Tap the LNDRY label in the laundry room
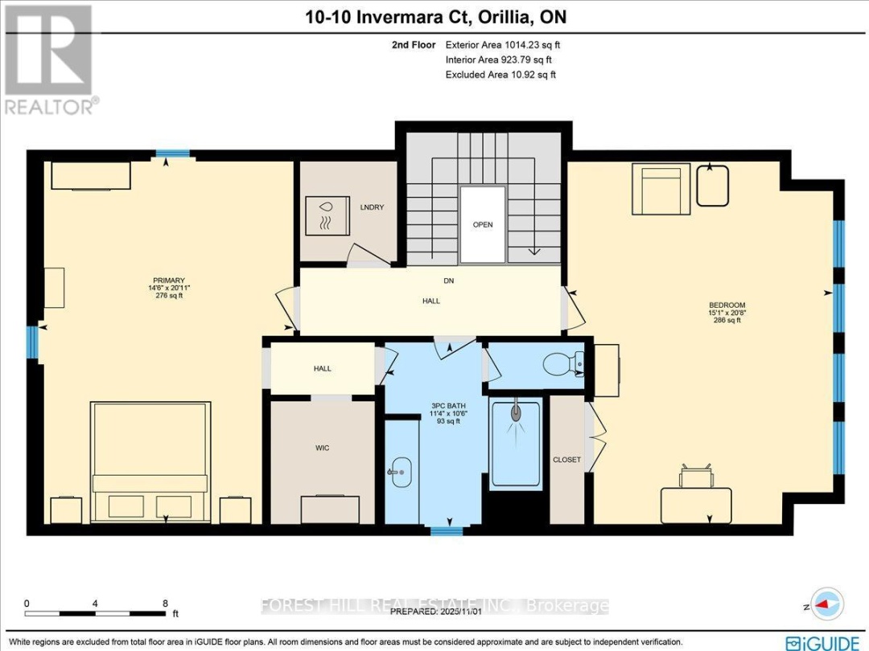tap(373, 207)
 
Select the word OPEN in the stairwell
tap(483, 225)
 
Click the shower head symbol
tap(515, 416)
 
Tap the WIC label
tap(322, 447)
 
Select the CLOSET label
tap(566, 460)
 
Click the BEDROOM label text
tap(727, 305)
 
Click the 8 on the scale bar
tap(166, 603)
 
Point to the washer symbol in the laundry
tap(327, 215)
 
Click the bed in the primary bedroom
tap(150, 461)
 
